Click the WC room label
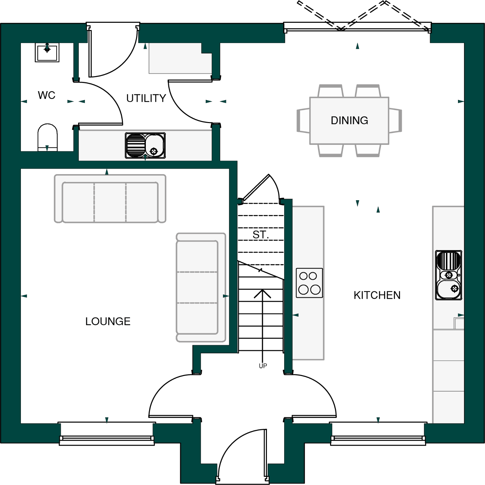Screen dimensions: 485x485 pyautogui.click(x=47, y=95)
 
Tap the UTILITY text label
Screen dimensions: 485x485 pyautogui.click(x=146, y=98)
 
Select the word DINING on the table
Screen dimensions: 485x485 pyautogui.click(x=349, y=120)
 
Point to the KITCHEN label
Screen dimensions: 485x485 pyautogui.click(x=377, y=295)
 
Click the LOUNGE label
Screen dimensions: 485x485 pyautogui.click(x=108, y=322)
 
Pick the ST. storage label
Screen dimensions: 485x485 pyautogui.click(x=260, y=235)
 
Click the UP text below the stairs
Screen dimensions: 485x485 pyautogui.click(x=263, y=366)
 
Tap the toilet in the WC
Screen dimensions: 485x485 pyautogui.click(x=48, y=137)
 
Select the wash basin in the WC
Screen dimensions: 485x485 pyautogui.click(x=47, y=53)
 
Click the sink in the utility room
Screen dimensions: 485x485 pyautogui.click(x=145, y=145)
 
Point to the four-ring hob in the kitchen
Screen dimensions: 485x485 pyautogui.click(x=309, y=283)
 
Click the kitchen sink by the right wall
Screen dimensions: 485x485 pyautogui.click(x=449, y=275)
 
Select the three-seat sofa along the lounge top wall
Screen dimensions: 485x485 pyautogui.click(x=110, y=199)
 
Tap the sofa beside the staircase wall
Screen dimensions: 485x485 pyautogui.click(x=201, y=287)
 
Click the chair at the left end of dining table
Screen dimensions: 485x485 pyautogui.click(x=303, y=120)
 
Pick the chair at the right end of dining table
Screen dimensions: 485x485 pyautogui.click(x=395, y=120)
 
